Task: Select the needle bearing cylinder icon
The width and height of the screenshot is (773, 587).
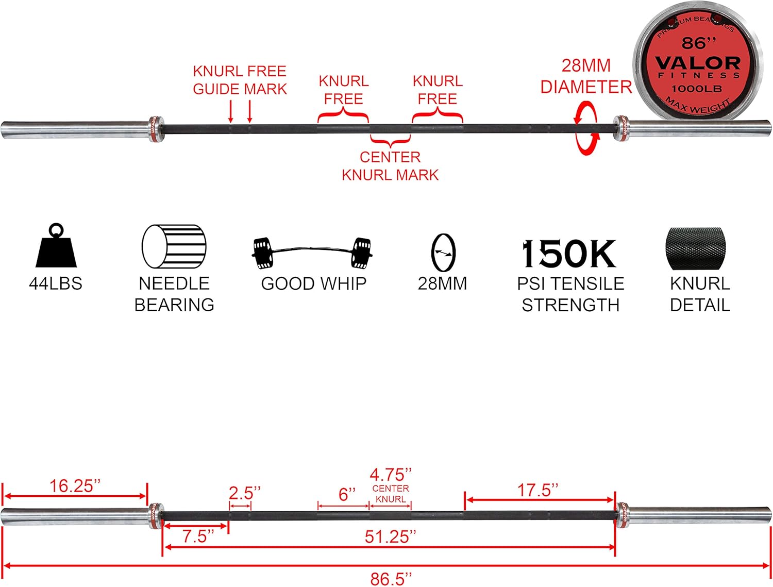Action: click(x=174, y=247)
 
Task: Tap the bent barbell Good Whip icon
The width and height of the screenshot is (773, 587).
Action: click(x=313, y=253)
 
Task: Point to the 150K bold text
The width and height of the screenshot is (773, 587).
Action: click(x=569, y=254)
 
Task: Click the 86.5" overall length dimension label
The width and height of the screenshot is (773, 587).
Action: click(x=391, y=578)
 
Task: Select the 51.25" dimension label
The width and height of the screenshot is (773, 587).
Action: click(x=390, y=536)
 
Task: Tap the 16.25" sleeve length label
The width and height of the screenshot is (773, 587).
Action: click(x=75, y=485)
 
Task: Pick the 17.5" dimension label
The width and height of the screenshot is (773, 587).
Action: click(x=537, y=490)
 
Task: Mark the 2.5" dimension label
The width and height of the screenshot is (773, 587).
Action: click(x=244, y=493)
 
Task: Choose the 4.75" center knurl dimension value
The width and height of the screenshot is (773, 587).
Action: click(x=391, y=474)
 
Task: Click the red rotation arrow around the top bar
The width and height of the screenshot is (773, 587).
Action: click(x=586, y=128)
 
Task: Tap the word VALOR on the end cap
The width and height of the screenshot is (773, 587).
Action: click(x=698, y=63)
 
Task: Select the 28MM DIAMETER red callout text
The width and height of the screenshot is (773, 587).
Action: click(x=586, y=76)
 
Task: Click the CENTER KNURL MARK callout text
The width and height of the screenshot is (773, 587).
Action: click(x=390, y=166)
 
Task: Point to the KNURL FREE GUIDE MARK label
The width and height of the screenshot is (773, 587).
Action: click(x=240, y=80)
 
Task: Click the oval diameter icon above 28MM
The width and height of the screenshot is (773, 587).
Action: click(x=443, y=253)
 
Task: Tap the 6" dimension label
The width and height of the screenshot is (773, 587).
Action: click(x=347, y=495)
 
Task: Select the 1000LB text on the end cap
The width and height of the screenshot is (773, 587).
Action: click(x=696, y=89)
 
